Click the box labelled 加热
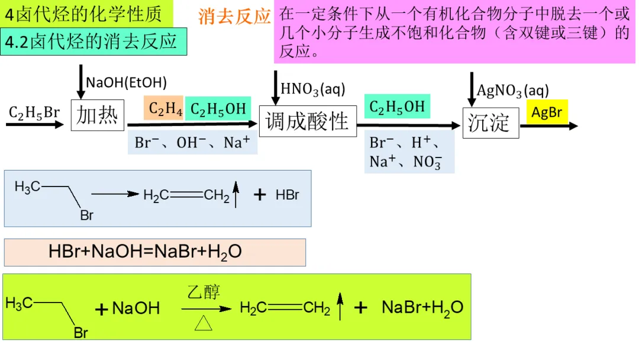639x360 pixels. click(x=98, y=116)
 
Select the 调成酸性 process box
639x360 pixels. click(x=308, y=121)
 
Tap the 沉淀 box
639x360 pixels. click(x=490, y=123)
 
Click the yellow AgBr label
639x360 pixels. click(x=547, y=112)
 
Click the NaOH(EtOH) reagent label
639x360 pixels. click(x=127, y=82)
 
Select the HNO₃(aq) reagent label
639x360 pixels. click(x=312, y=89)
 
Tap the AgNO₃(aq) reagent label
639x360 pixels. click(x=513, y=91)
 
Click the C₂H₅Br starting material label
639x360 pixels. click(x=34, y=112)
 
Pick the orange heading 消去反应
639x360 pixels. click(x=234, y=17)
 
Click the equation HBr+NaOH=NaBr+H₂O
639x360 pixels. click(x=146, y=252)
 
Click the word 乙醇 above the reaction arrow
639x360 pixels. click(x=204, y=292)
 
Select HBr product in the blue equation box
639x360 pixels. click(x=288, y=195)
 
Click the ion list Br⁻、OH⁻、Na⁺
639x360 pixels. click(x=192, y=143)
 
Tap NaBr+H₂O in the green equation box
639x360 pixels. click(x=422, y=307)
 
